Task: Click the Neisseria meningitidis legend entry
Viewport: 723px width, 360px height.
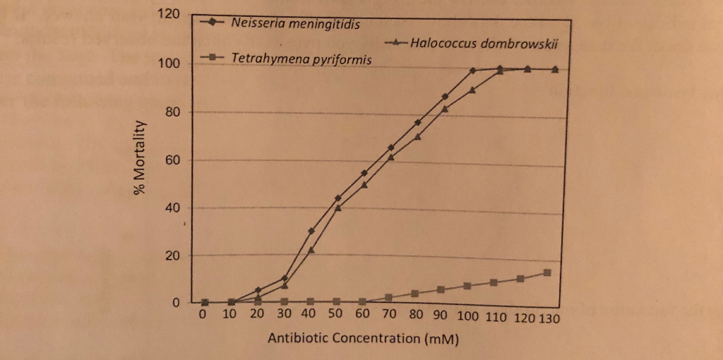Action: [295, 25]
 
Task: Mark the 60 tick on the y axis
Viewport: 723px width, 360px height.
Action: [174, 160]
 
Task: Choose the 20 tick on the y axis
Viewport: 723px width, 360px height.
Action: [174, 256]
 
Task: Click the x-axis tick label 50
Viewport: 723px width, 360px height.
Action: [335, 316]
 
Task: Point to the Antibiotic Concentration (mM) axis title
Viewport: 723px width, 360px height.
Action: [364, 338]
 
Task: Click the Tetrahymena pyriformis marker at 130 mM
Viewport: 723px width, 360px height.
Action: [547, 272]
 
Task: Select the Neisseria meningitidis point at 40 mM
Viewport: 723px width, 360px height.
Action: [311, 231]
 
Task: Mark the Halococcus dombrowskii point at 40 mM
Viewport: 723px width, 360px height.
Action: [311, 250]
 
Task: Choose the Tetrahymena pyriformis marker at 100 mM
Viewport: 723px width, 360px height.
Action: [467, 286]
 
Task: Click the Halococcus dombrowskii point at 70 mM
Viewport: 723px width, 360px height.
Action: [391, 157]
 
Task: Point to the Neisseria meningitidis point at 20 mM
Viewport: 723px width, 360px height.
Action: [258, 290]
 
